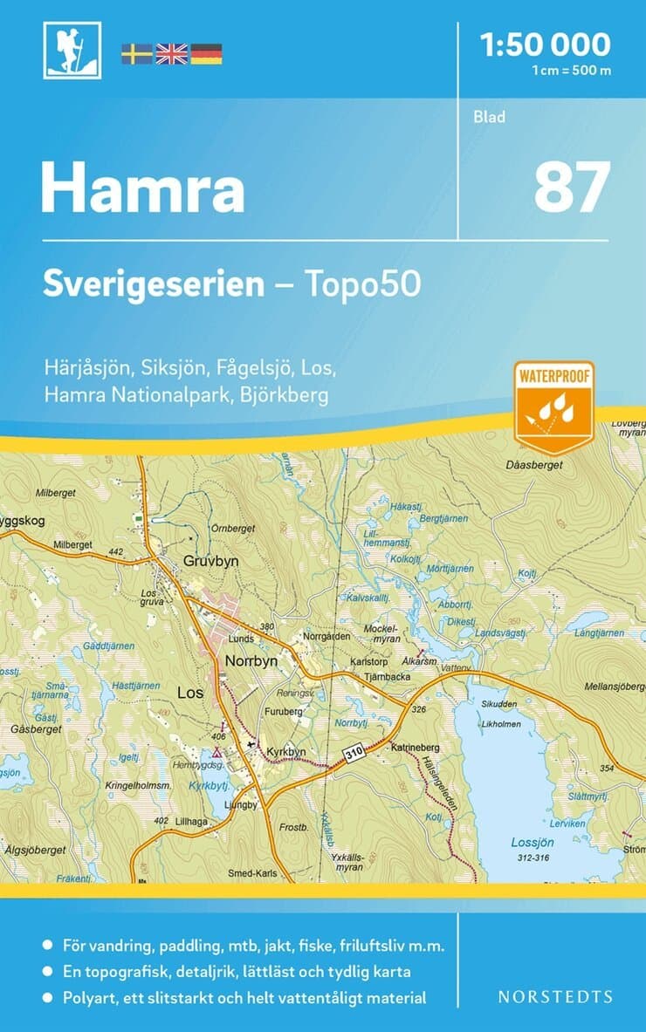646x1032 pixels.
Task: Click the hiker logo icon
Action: pos(72,51)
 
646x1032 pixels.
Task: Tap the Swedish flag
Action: pos(136,54)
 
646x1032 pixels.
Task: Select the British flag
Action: pos(171,54)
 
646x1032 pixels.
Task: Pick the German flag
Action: pos(206,54)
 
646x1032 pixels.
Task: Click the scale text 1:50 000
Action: pos(545,44)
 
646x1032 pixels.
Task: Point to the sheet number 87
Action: pos(572,188)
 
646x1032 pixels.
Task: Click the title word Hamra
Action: pos(143,190)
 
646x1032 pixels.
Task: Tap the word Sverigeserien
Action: pos(154,284)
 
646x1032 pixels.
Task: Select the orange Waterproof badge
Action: pos(553,407)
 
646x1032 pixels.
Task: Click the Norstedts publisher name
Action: pos(554,996)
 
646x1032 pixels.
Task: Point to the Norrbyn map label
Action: pos(251,661)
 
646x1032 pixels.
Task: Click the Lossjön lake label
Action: pos(533,843)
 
